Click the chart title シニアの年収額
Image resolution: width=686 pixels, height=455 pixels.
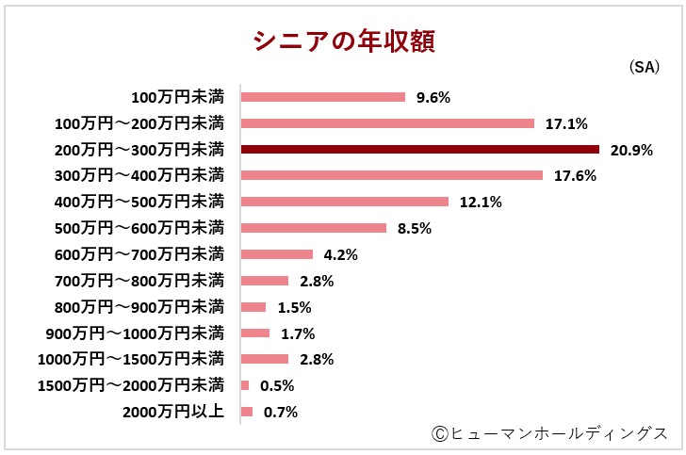click(343, 41)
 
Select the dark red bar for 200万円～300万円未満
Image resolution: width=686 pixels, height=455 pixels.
click(420, 149)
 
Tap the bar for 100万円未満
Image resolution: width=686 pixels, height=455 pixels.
click(323, 97)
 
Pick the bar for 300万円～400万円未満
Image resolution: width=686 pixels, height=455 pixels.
click(392, 175)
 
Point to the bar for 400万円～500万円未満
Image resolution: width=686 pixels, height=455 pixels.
click(345, 202)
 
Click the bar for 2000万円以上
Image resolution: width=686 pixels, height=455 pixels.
click(247, 412)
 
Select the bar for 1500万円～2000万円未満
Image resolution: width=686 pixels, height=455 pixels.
click(245, 385)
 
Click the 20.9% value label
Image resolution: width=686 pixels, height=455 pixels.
click(631, 150)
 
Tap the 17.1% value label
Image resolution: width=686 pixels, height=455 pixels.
click(566, 123)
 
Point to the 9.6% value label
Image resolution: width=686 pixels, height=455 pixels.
click(433, 97)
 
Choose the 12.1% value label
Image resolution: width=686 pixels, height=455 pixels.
click(481, 202)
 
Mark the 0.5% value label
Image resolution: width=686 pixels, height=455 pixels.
click(276, 385)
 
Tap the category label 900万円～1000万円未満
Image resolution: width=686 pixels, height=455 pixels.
click(135, 333)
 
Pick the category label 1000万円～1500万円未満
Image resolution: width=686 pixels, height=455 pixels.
click(131, 359)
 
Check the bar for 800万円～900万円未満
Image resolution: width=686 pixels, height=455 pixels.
click(253, 307)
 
